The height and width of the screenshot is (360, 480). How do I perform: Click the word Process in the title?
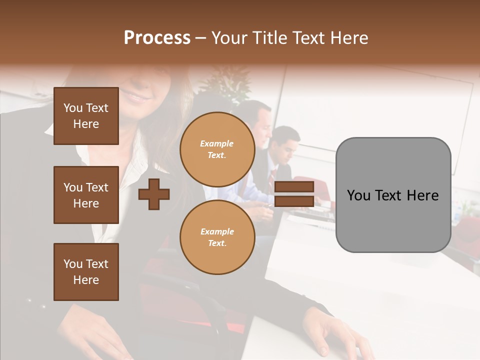pos(157,38)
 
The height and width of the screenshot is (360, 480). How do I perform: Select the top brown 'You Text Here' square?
pos(86,116)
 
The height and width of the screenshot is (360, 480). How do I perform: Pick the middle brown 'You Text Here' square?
pos(86,195)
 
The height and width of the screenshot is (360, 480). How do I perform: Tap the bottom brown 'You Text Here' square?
pos(86,272)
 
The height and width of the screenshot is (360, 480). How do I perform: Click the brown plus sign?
pos(154,194)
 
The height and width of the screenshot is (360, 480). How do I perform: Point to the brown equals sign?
pos(294,194)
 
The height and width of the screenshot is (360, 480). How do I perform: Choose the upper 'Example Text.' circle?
pos(217,149)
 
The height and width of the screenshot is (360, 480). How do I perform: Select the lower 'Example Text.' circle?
pos(217,237)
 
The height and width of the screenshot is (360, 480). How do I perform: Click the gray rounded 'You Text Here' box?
pos(393,194)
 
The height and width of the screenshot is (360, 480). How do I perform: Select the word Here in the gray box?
pos(422,195)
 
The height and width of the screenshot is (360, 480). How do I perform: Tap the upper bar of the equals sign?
pos(294,187)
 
